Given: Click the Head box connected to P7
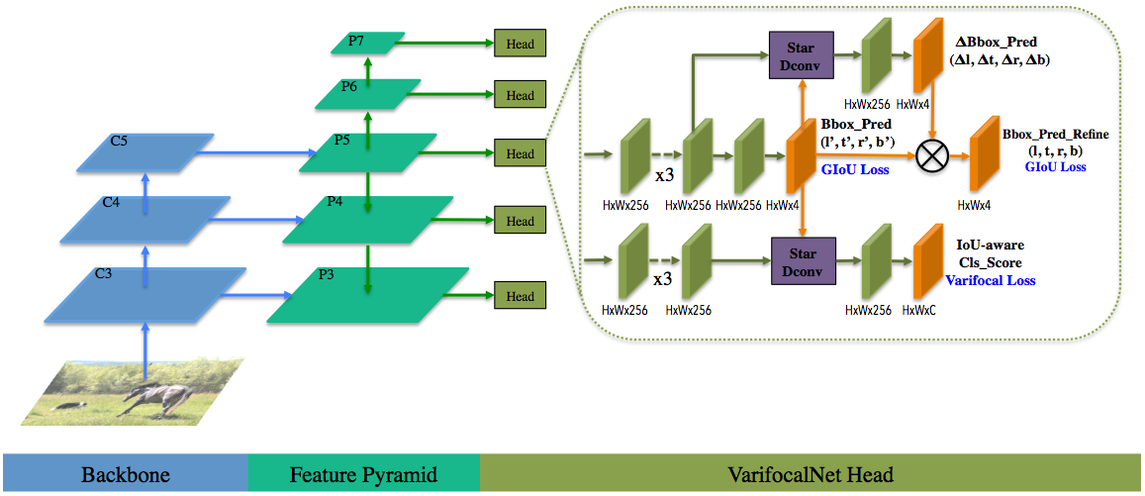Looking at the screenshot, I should click(520, 44).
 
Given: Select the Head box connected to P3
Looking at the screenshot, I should click(520, 297).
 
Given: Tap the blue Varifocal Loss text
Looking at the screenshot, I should click(990, 280).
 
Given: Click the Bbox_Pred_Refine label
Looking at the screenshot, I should click(1055, 135).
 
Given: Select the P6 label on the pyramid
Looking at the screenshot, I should click(348, 86).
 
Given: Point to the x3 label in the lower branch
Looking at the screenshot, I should click(663, 279).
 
